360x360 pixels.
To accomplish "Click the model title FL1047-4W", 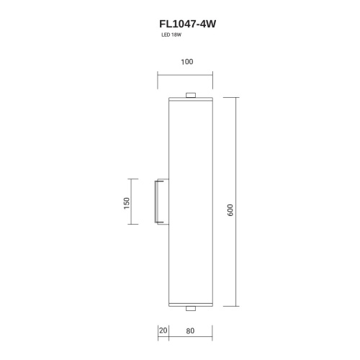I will pos(187,23).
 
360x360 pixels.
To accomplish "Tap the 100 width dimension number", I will pos(187,63).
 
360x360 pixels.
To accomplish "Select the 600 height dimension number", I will pos(230,210).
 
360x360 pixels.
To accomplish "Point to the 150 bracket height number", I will pos(126,203).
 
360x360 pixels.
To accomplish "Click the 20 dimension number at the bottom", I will pos(163,331).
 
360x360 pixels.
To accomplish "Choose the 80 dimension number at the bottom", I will pos(189,331).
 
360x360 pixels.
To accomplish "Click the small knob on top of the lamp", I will pos(190,95).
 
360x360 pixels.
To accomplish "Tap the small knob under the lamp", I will pos(190,309).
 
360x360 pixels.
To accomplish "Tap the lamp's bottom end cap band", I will pos(190,304).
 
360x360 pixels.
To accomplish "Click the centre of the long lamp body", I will pos(190,202).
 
